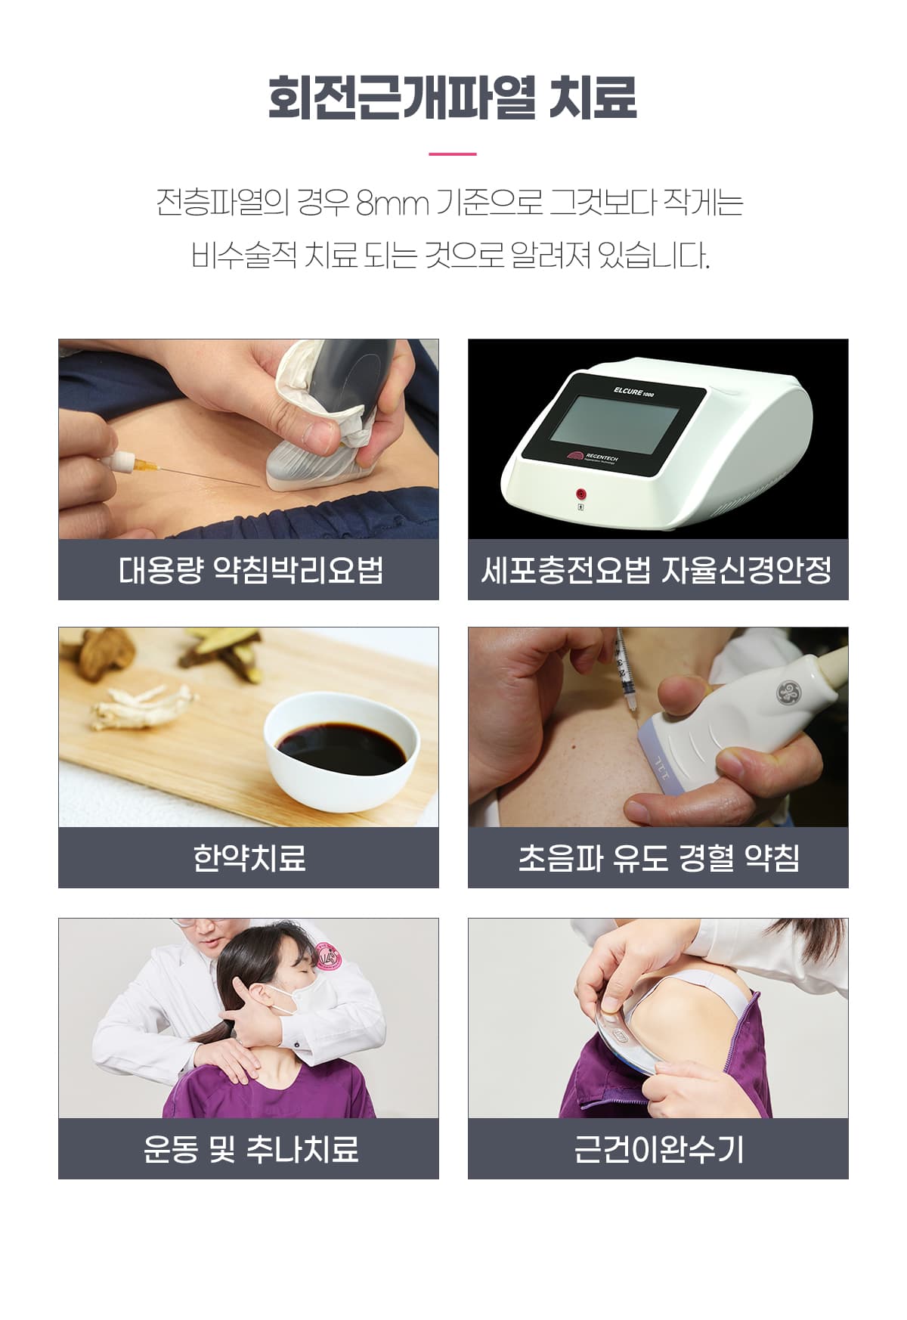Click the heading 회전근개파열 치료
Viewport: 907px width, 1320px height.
pyautogui.click(x=453, y=97)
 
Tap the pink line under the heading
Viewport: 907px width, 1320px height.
pyautogui.click(x=453, y=153)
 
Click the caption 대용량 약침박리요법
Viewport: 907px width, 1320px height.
pyautogui.click(x=251, y=569)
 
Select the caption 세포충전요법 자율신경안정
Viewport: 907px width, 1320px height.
pyautogui.click(x=657, y=569)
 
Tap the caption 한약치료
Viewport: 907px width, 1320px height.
pyautogui.click(x=249, y=857)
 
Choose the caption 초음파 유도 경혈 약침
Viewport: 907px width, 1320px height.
pyautogui.click(x=658, y=857)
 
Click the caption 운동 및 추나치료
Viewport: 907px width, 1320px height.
pyautogui.click(x=251, y=1148)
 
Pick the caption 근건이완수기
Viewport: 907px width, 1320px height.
pyautogui.click(x=658, y=1148)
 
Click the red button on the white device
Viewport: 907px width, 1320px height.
pyautogui.click(x=581, y=493)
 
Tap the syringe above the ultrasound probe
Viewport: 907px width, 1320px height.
pyautogui.click(x=624, y=669)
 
